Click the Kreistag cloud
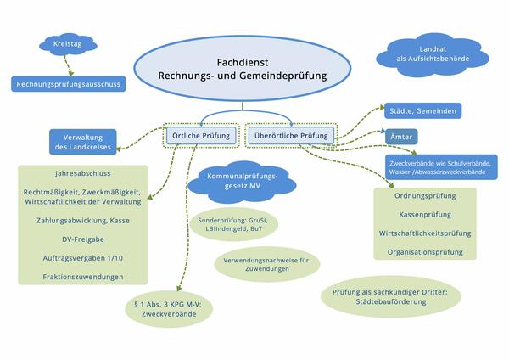tap(64, 43)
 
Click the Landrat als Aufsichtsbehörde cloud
tap(427, 56)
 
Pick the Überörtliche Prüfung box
tap(291, 135)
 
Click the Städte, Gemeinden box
tap(425, 110)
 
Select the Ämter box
tap(400, 136)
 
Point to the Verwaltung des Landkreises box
tap(83, 142)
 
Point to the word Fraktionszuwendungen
tap(83, 278)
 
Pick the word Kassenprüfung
tap(424, 216)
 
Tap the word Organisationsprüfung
tap(424, 252)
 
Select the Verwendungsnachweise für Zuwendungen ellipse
tap(265, 263)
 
